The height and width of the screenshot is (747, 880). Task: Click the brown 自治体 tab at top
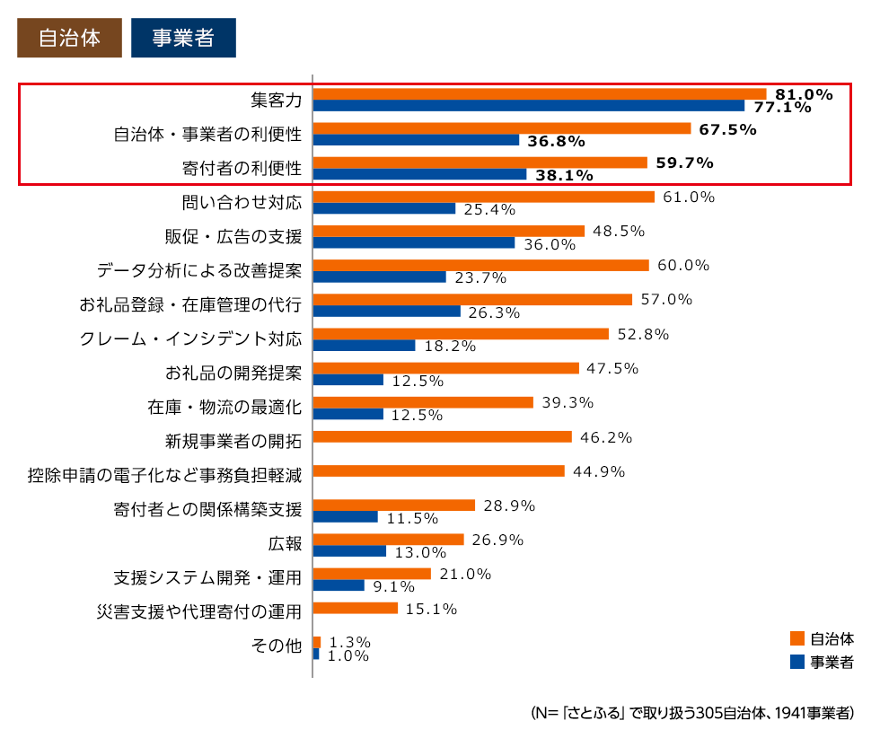(x=69, y=38)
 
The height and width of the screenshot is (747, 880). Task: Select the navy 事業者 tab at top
(x=183, y=38)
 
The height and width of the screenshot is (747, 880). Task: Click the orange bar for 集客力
(x=539, y=94)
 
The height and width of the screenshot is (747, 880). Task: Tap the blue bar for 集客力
(x=528, y=106)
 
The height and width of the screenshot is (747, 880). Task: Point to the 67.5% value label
(x=727, y=129)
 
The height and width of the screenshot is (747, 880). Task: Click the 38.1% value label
(x=564, y=176)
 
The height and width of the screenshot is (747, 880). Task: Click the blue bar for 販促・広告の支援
(x=413, y=242)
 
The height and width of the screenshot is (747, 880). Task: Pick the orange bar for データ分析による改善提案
(x=480, y=266)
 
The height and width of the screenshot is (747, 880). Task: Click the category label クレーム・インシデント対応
(x=190, y=339)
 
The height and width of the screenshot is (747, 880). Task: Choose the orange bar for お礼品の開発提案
(x=445, y=368)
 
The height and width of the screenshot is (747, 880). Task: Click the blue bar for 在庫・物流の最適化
(x=348, y=414)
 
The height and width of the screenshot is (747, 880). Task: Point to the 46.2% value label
(x=606, y=437)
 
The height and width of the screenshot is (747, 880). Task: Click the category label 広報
(x=284, y=544)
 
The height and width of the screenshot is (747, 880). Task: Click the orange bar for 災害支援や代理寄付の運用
(x=355, y=609)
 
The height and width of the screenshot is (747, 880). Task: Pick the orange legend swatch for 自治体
(x=796, y=639)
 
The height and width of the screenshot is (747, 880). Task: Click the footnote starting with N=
(x=691, y=714)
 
